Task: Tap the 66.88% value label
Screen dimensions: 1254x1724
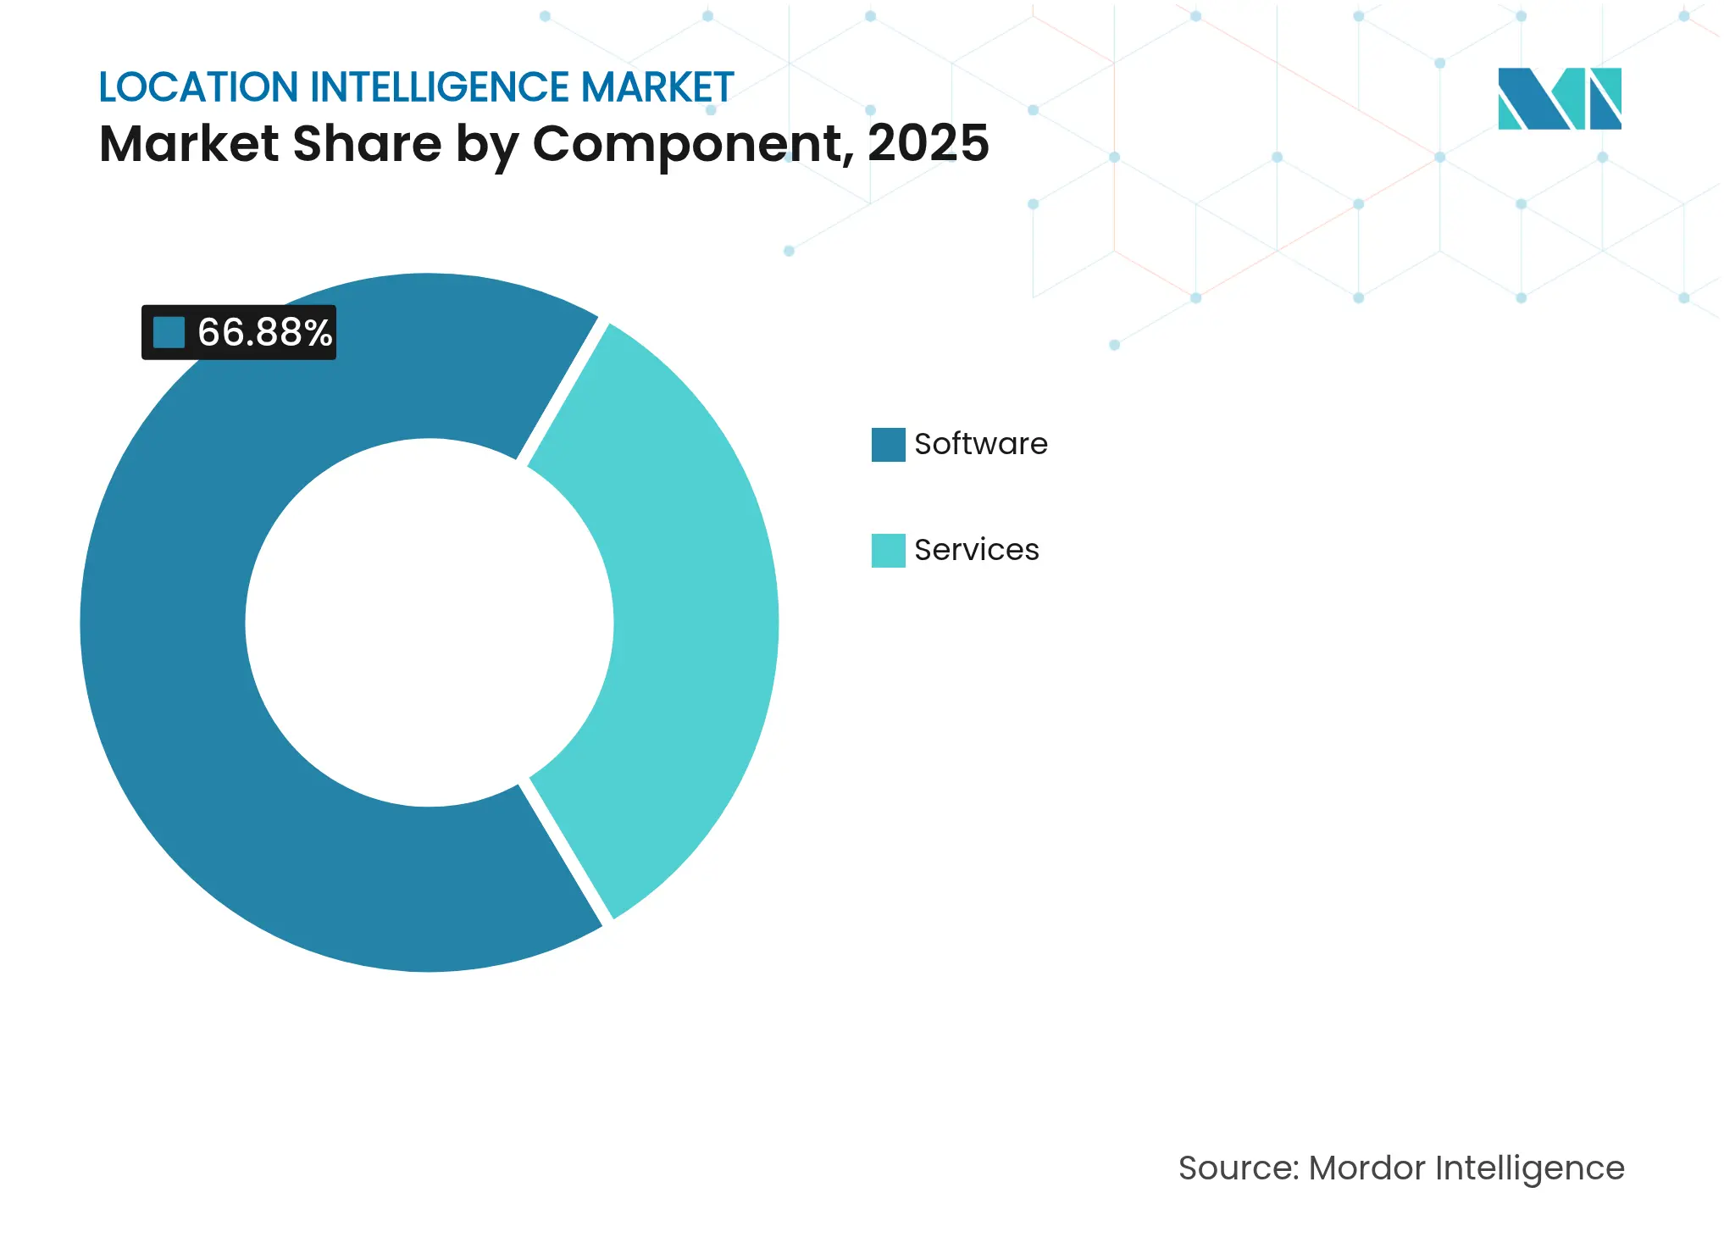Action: (x=264, y=332)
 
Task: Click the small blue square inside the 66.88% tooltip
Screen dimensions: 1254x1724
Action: (x=169, y=332)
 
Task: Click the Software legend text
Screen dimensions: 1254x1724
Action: (x=980, y=444)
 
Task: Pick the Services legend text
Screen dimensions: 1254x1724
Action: (x=976, y=550)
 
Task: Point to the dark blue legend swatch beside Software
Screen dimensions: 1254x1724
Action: (x=888, y=445)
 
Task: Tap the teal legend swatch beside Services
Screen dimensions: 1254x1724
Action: (x=888, y=551)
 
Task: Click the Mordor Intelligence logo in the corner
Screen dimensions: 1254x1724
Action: (x=1559, y=98)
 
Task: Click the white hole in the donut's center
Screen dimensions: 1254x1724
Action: (x=429, y=623)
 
